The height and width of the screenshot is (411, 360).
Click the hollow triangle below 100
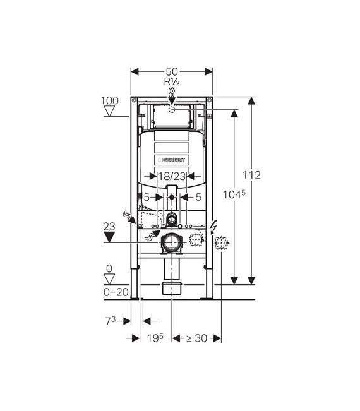[x=111, y=112]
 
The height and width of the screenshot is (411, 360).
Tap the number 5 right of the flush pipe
[x=198, y=198]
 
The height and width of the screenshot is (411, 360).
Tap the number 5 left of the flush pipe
[x=146, y=198]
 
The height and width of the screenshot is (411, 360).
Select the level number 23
[x=111, y=225]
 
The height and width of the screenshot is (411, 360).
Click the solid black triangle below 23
[x=111, y=237]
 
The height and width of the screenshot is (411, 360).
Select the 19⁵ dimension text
[x=156, y=338]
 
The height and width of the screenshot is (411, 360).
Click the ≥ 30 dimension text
[x=196, y=338]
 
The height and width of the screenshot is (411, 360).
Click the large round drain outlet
[x=172, y=242]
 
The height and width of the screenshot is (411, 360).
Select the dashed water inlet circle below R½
[x=172, y=109]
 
